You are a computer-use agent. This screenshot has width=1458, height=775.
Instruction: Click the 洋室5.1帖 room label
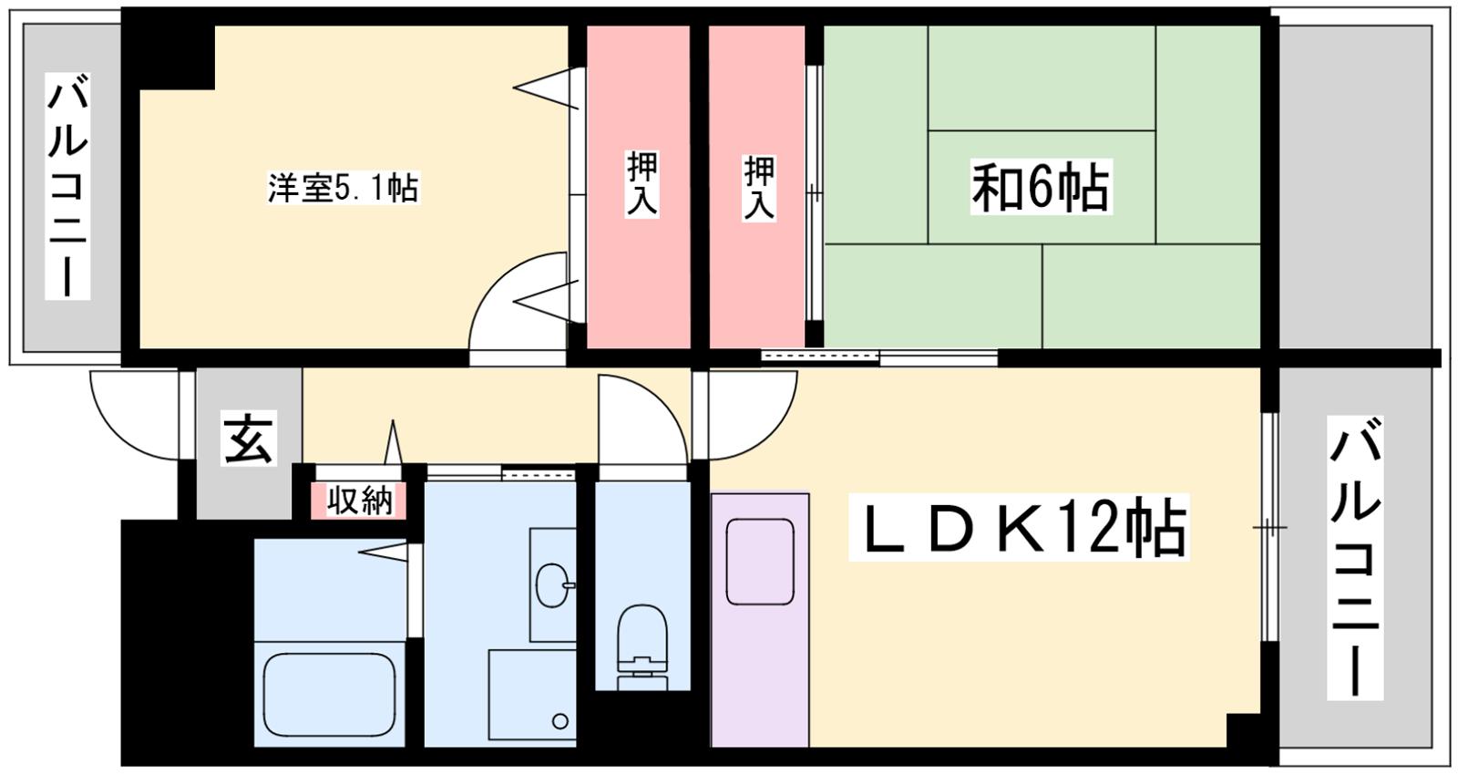point(343,188)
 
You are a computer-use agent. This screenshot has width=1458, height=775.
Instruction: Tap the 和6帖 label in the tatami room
point(1041,187)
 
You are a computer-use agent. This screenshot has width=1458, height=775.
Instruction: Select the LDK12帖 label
point(1019,528)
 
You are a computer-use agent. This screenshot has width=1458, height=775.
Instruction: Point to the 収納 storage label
point(359,501)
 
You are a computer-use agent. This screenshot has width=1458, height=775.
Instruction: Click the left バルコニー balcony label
point(67,186)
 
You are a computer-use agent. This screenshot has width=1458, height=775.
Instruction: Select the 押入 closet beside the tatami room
point(758,187)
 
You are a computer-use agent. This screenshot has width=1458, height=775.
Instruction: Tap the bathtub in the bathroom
point(329,692)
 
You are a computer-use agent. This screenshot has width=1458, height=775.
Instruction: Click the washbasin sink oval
point(552,584)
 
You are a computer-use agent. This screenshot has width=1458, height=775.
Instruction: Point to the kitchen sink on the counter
point(759,561)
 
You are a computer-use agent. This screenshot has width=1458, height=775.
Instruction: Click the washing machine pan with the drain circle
point(532,694)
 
